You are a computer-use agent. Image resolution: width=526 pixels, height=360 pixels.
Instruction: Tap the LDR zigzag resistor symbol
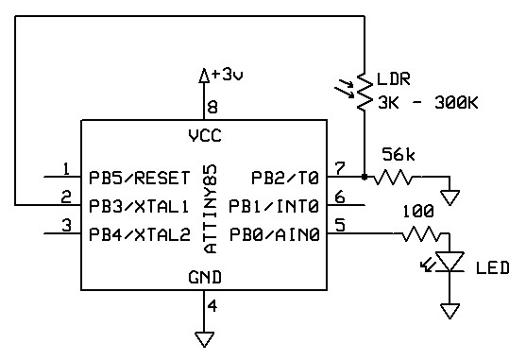(365, 92)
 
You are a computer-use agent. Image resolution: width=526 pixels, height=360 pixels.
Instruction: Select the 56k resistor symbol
(393, 177)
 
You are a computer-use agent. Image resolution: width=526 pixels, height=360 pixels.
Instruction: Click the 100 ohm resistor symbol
(420, 233)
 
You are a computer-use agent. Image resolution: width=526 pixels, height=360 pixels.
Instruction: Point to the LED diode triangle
(450, 261)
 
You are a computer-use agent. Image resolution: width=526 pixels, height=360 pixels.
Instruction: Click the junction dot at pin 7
(365, 177)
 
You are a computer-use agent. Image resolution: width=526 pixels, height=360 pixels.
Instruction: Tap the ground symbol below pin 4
(204, 339)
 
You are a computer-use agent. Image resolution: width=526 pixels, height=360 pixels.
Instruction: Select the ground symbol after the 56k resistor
(450, 197)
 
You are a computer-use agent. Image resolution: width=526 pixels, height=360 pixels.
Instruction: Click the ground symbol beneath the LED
(450, 311)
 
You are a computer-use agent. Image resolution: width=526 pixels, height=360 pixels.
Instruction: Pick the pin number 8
(212, 108)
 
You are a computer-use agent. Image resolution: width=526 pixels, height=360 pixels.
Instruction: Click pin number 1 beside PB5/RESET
(66, 169)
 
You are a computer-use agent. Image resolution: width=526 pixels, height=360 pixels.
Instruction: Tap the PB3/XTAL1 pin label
(139, 206)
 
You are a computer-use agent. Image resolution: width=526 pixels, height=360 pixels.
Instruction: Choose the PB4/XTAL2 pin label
(140, 234)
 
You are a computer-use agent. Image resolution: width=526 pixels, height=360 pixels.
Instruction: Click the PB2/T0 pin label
(285, 178)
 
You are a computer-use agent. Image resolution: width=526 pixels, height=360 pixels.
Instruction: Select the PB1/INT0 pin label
(274, 206)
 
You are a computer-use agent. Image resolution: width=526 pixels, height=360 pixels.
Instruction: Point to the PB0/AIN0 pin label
(274, 234)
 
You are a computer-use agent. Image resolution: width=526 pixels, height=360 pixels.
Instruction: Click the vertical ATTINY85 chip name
(211, 209)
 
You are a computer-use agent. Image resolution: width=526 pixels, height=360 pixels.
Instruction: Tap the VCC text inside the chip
(205, 136)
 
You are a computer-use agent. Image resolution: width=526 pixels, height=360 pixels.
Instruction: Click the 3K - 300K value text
(428, 103)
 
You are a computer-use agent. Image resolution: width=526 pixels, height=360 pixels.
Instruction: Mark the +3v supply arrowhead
(204, 76)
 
